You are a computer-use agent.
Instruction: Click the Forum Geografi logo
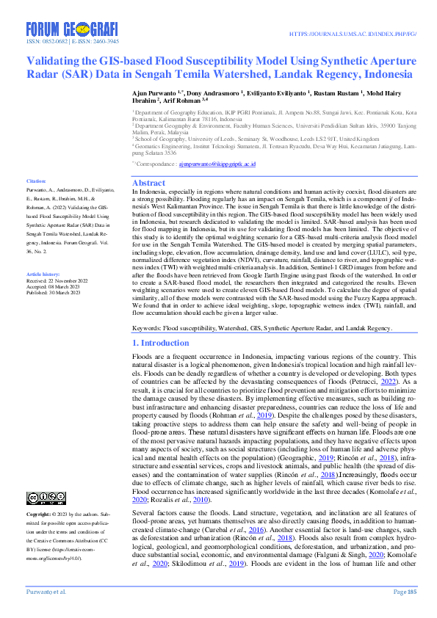pyautogui.click(x=72, y=30)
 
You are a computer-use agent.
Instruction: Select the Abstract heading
pyautogui.click(x=148, y=183)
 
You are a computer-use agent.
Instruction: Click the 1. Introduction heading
pyautogui.click(x=161, y=343)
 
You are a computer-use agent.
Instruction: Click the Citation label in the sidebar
pyautogui.click(x=37, y=181)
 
